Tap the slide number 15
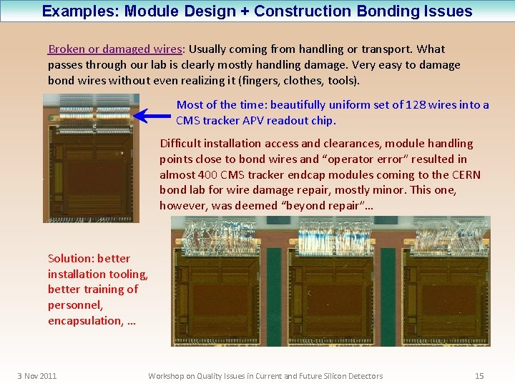pos(479,376)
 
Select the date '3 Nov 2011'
pos(37,376)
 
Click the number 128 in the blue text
pos(416,105)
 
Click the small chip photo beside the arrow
pos(87,159)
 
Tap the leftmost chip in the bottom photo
pos(219,286)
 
